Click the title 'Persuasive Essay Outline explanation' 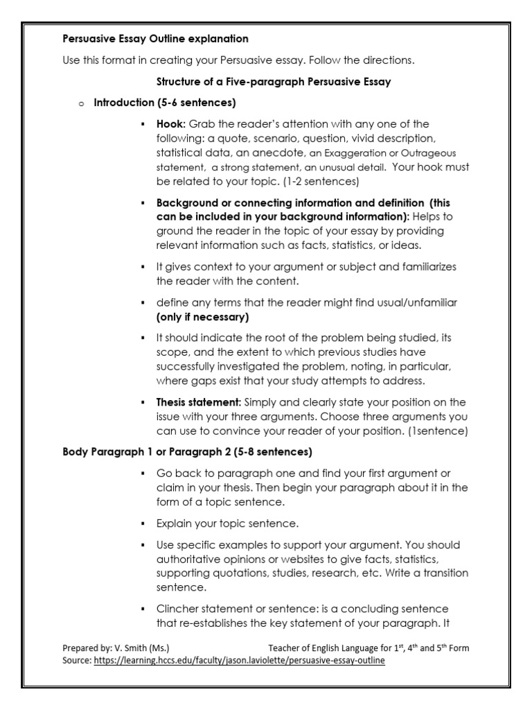click(155, 39)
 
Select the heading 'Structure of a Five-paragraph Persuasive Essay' click(274, 82)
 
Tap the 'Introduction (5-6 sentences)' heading click(165, 103)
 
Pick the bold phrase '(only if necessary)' click(202, 317)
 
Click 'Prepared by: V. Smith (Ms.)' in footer click(116, 648)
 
